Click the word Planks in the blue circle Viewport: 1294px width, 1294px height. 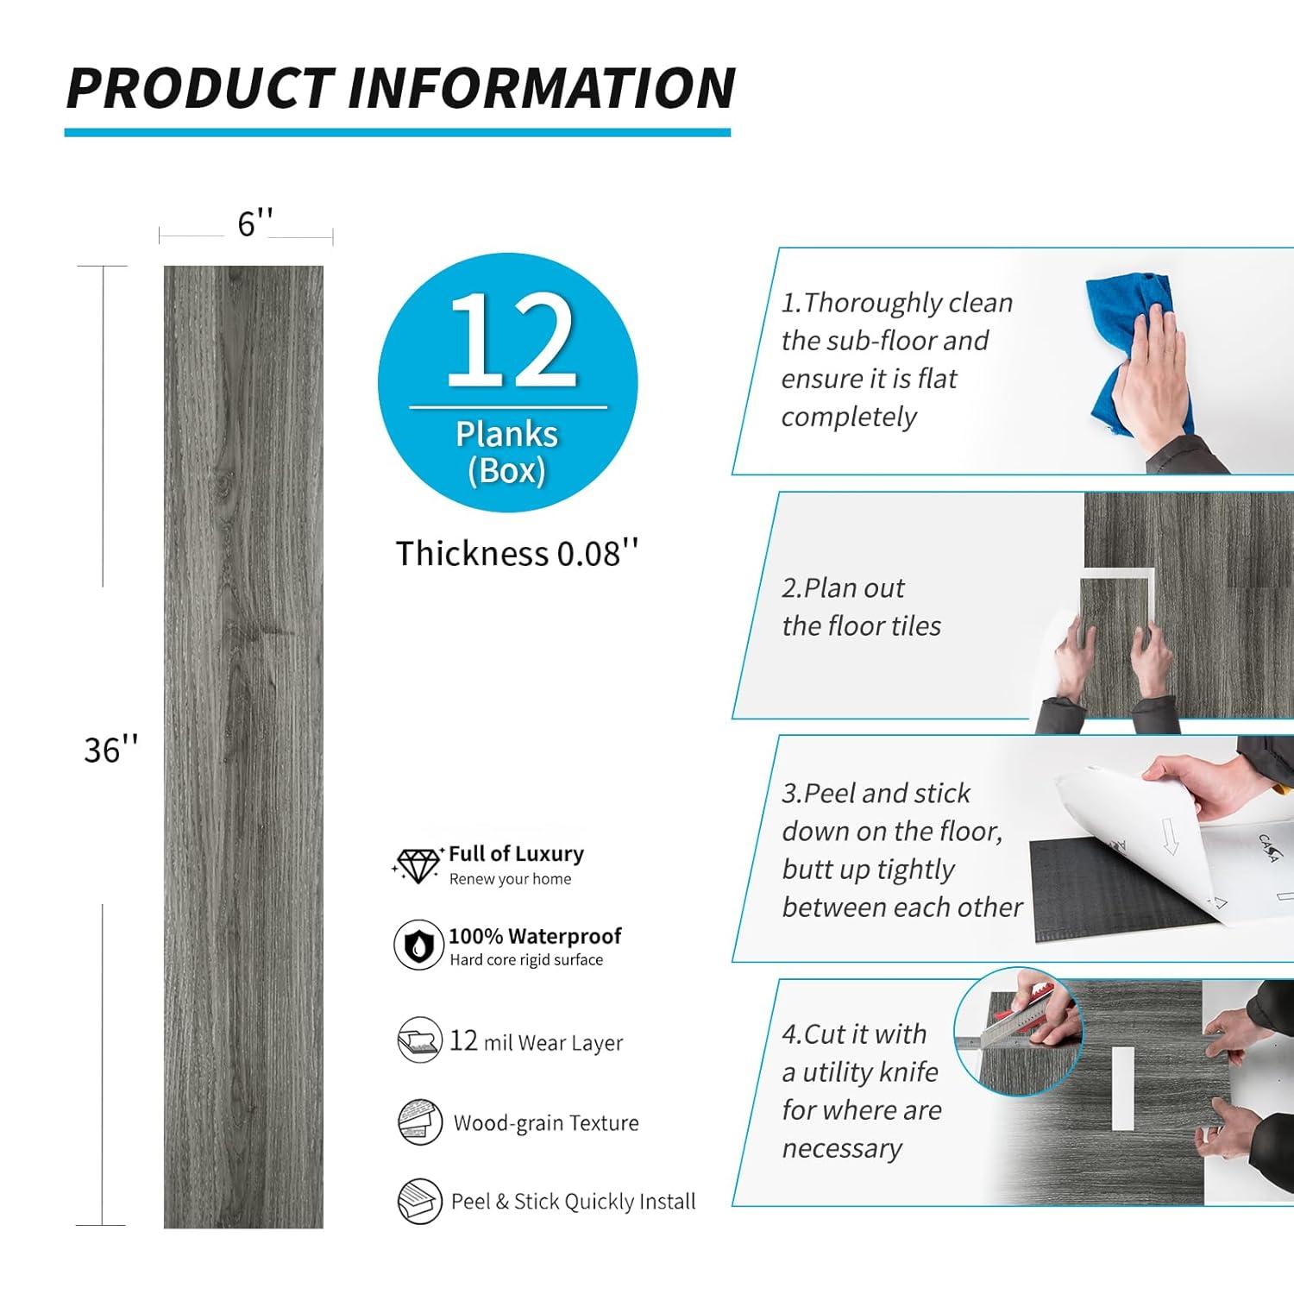pyautogui.click(x=506, y=434)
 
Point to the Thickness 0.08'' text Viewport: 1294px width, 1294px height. pyautogui.click(x=517, y=553)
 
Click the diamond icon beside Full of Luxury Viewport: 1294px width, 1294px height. pyautogui.click(x=418, y=865)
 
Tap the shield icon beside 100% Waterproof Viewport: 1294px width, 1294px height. pyautogui.click(x=418, y=945)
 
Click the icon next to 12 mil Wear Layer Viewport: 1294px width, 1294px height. pyautogui.click(x=419, y=1040)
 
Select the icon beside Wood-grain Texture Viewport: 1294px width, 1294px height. pyautogui.click(x=420, y=1122)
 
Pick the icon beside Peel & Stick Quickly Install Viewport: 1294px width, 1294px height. pyautogui.click(x=420, y=1200)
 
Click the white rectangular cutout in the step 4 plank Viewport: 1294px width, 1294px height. pyautogui.click(x=1122, y=1089)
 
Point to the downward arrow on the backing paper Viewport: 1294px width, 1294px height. pyautogui.click(x=1169, y=836)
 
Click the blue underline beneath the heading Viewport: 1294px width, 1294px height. pyautogui.click(x=398, y=132)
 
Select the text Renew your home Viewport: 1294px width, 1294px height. pyautogui.click(x=510, y=879)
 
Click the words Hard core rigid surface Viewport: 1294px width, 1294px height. pyautogui.click(x=526, y=960)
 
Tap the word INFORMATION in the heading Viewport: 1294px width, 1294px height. pyautogui.click(x=542, y=88)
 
